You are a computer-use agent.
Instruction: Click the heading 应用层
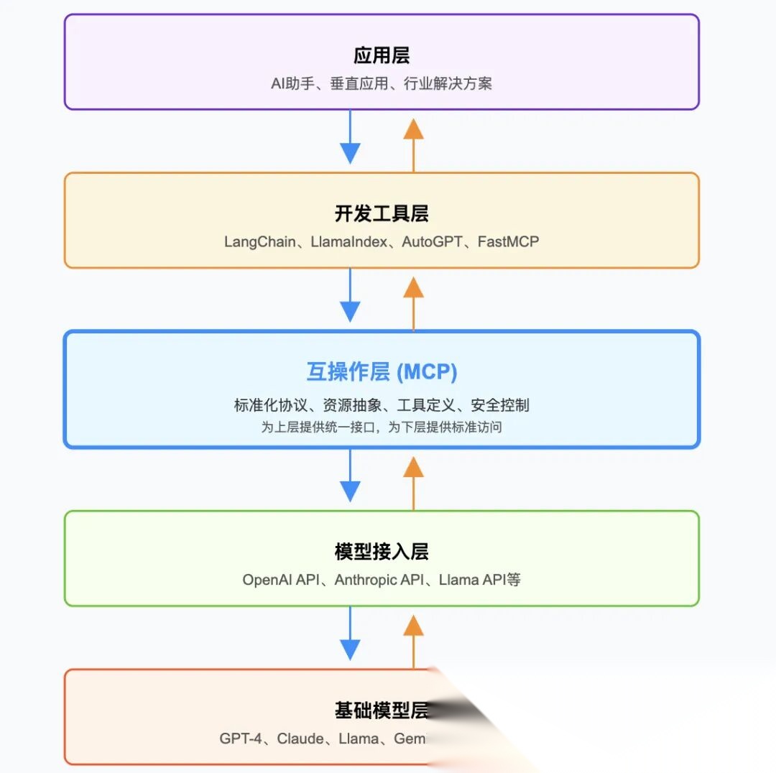click(x=382, y=56)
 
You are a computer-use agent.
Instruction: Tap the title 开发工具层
click(x=382, y=214)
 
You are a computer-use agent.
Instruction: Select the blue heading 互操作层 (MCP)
click(x=382, y=372)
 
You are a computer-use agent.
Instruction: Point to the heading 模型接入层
click(x=382, y=552)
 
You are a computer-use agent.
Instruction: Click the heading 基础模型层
click(x=382, y=710)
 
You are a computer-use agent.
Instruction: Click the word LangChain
click(x=259, y=242)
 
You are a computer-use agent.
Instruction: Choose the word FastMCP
click(x=508, y=242)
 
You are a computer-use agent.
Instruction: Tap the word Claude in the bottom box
click(x=300, y=739)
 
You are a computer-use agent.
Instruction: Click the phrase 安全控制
click(x=500, y=405)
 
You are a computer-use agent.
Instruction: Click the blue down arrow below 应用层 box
click(x=350, y=141)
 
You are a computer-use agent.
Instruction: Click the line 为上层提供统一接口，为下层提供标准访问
click(x=382, y=427)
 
